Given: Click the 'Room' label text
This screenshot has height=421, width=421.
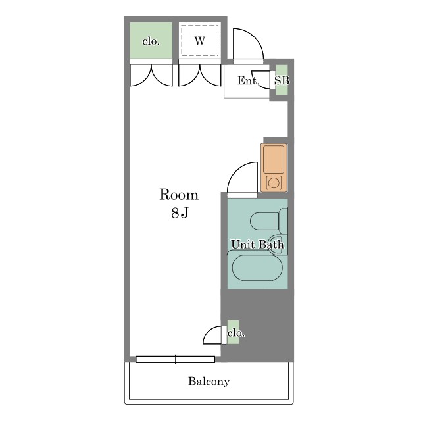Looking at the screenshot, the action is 179,195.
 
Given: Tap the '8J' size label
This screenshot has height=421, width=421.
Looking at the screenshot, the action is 180,212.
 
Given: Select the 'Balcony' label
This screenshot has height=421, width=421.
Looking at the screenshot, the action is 209,382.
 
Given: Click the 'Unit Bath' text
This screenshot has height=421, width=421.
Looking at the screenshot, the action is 257,244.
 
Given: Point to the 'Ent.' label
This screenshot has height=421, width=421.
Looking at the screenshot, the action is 248,80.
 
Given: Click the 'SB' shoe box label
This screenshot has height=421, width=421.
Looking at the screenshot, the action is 282,80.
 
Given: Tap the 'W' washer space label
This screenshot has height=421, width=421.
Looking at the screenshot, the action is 200,41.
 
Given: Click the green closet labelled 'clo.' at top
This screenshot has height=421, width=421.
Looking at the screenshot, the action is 151,40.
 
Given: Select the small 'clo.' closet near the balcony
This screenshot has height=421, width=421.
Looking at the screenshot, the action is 233,332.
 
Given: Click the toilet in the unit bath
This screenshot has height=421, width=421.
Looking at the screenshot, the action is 268,221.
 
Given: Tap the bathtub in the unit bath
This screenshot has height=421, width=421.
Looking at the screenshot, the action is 257,268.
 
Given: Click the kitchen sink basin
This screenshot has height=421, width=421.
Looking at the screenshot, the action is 274,159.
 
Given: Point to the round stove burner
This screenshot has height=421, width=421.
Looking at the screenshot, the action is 274,183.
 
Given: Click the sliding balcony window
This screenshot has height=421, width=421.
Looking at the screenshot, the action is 176,359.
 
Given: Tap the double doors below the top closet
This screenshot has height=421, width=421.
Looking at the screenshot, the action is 151,75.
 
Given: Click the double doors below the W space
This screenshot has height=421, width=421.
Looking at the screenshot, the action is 200,75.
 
